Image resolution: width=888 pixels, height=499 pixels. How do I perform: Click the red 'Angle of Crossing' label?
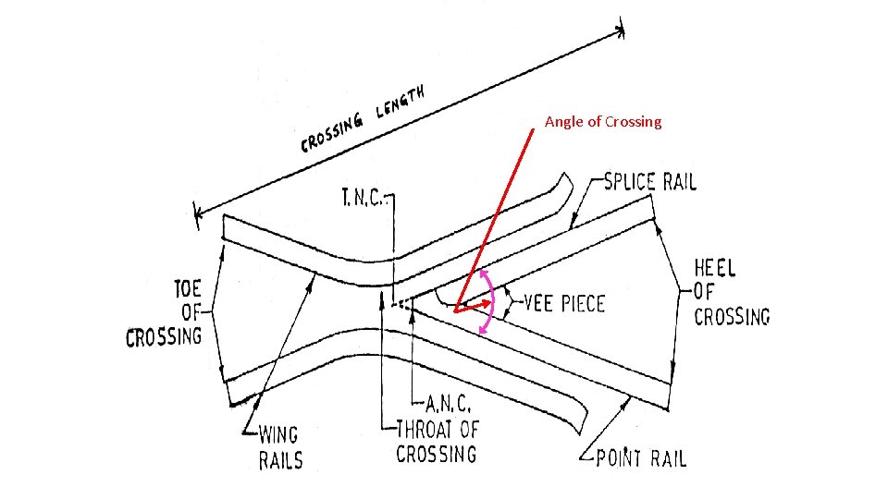click(603, 122)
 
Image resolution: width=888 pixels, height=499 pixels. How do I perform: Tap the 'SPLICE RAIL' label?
click(649, 181)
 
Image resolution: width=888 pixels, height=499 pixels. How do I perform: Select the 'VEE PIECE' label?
click(564, 303)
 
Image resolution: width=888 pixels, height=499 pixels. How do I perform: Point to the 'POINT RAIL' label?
click(641, 458)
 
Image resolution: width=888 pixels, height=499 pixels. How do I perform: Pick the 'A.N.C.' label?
click(450, 403)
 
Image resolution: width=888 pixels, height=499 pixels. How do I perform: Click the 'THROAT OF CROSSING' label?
click(437, 440)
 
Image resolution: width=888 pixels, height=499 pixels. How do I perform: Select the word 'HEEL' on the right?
click(715, 269)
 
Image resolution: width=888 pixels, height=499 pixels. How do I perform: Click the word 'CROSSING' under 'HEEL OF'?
click(732, 316)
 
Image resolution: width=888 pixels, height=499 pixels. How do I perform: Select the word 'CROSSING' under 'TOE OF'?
click(164, 335)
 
